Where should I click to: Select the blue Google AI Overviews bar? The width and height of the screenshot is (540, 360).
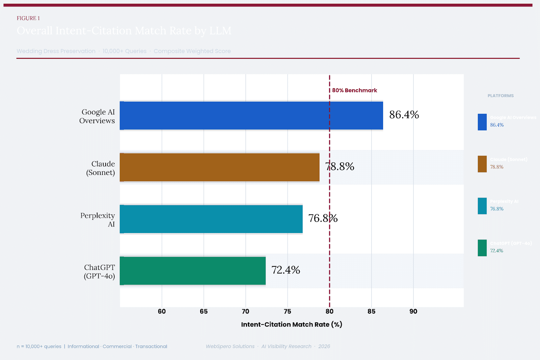click(x=251, y=115)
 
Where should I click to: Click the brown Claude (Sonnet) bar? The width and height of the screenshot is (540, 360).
click(x=219, y=167)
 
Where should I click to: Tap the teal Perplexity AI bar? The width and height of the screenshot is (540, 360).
click(x=211, y=219)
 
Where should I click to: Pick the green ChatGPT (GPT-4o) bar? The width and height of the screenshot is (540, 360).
click(x=192, y=271)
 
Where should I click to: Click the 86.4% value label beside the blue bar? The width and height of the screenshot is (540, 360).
click(x=404, y=115)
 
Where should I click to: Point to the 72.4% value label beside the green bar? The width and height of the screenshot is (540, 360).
click(x=286, y=270)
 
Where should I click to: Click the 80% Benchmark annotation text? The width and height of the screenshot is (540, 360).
click(x=354, y=90)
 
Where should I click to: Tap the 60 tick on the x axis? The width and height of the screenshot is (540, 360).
click(x=162, y=311)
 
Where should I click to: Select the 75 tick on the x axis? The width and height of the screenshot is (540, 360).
click(x=288, y=311)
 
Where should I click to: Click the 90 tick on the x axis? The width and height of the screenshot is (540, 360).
click(x=413, y=311)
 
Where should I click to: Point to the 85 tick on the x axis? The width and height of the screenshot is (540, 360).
click(x=371, y=311)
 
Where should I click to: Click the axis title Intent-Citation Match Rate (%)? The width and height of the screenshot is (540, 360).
click(x=292, y=325)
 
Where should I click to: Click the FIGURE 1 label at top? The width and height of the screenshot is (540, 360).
click(x=28, y=18)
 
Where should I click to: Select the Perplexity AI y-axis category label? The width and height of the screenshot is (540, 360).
click(x=98, y=220)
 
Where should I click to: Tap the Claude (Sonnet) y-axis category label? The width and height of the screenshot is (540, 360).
click(x=101, y=168)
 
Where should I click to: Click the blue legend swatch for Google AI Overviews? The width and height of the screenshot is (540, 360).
click(x=482, y=122)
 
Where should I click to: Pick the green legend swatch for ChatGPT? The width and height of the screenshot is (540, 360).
click(x=482, y=248)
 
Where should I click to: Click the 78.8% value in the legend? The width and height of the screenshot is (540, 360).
click(x=496, y=167)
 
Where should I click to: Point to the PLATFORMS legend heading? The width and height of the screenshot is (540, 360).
click(x=501, y=96)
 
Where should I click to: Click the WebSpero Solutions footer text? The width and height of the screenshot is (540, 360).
click(x=230, y=346)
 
